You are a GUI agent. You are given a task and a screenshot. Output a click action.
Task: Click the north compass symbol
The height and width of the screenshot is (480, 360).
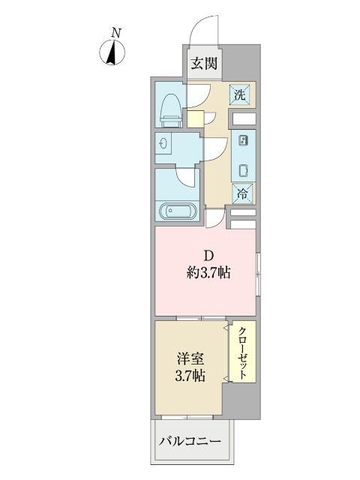pyautogui.click(x=112, y=52)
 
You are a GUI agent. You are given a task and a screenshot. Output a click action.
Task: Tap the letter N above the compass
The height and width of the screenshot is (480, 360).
pyautogui.click(x=115, y=32)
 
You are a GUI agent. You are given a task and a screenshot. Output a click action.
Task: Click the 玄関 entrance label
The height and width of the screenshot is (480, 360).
pyautogui.click(x=203, y=64)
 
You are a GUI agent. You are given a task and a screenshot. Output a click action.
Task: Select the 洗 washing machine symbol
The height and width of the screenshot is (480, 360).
pyautogui.click(x=240, y=94)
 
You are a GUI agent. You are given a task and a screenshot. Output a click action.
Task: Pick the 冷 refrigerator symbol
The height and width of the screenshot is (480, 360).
pyautogui.click(x=243, y=193)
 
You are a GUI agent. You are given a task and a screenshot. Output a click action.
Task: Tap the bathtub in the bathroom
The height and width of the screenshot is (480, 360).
pyautogui.click(x=178, y=211)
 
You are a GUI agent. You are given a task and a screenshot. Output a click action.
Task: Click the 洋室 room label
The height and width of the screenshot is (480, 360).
pyautogui.click(x=189, y=359)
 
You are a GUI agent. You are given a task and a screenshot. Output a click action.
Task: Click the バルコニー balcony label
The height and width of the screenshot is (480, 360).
pyautogui.click(x=190, y=440)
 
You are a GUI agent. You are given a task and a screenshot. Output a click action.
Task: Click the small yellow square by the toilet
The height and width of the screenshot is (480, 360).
pyautogui.click(x=195, y=118)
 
